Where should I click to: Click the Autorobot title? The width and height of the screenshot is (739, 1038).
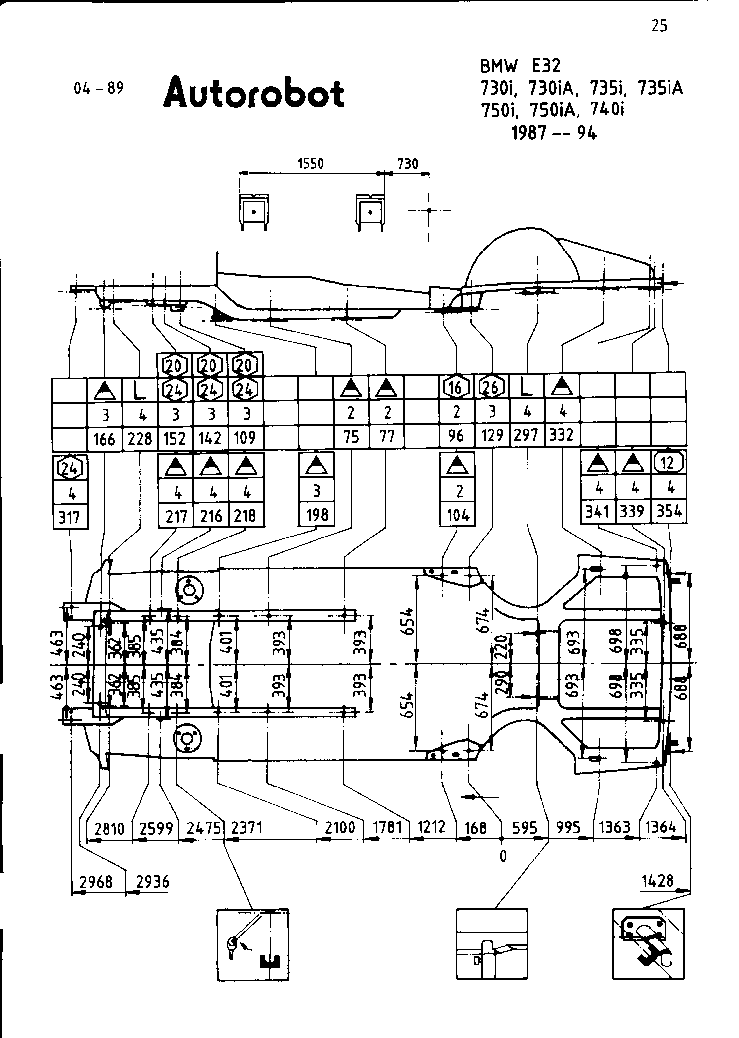point(254,93)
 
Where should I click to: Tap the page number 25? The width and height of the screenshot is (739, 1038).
point(659,26)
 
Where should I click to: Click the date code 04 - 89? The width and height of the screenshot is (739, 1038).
point(99,88)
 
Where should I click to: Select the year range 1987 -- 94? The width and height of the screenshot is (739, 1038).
point(554,133)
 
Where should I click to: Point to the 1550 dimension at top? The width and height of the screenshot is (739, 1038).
point(311,163)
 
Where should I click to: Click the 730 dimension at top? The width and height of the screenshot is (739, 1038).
point(408,163)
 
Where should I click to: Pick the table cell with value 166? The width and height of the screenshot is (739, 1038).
point(104,438)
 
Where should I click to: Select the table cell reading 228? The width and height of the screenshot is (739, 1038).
point(140,438)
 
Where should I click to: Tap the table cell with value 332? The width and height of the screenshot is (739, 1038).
point(562,435)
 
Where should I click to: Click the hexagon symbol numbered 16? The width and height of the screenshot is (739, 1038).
point(456,387)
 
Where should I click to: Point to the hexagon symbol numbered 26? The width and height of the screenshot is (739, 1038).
point(492,387)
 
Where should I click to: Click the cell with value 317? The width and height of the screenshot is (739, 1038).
point(70,517)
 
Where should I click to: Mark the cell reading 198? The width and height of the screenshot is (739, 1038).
point(317,515)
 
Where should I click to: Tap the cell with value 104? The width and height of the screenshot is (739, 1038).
point(457,515)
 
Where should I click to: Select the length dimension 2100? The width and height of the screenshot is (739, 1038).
point(340,827)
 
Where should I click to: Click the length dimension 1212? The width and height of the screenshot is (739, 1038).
point(431,827)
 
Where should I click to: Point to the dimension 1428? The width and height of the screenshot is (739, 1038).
point(658,880)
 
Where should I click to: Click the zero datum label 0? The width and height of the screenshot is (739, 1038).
point(503,857)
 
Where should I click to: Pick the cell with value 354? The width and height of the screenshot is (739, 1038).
point(669,512)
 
